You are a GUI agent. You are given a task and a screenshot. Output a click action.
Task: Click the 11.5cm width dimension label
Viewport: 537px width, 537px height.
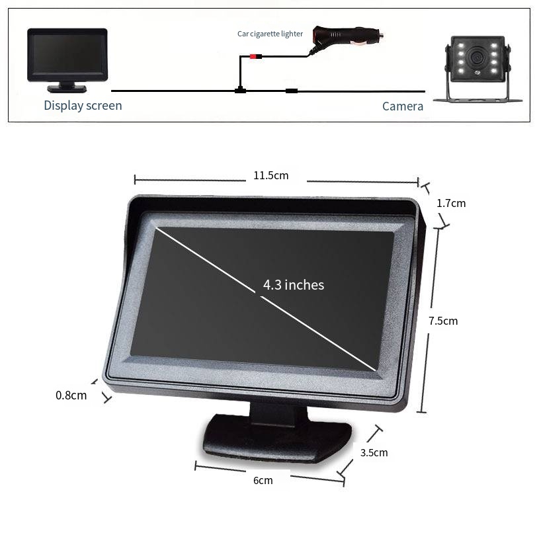(271, 175)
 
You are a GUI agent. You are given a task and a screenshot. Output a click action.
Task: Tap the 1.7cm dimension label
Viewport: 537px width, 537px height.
(451, 203)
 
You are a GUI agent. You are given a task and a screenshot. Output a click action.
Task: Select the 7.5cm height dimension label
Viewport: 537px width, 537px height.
(443, 321)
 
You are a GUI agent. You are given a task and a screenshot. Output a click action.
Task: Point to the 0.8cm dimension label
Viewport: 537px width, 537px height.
(71, 395)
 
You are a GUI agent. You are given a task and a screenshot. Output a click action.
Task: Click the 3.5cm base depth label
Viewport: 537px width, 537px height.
(374, 452)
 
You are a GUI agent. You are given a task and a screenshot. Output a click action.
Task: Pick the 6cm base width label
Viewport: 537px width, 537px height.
(263, 481)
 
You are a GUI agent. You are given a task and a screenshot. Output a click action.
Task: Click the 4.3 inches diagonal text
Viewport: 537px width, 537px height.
(294, 285)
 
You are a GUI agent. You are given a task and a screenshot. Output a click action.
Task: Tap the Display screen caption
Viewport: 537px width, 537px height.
(83, 106)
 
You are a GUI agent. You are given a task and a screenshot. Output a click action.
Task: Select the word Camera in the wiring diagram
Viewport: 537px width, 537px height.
(403, 106)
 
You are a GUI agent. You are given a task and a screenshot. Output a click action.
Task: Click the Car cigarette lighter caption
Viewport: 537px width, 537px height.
(270, 34)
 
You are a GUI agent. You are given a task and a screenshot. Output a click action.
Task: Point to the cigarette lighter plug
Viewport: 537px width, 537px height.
(346, 37)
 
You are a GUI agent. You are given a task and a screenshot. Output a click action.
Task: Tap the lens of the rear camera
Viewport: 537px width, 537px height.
(475, 56)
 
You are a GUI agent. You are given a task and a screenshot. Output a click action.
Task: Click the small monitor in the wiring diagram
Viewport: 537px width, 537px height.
(67, 60)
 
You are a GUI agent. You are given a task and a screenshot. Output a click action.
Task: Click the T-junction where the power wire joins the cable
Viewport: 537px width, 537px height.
(240, 91)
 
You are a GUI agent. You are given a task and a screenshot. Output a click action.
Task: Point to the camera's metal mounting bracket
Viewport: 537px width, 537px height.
(477, 93)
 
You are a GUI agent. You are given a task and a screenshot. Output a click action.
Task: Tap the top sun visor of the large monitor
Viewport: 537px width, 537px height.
(274, 206)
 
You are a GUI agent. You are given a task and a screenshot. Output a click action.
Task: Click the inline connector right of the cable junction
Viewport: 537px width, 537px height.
(292, 91)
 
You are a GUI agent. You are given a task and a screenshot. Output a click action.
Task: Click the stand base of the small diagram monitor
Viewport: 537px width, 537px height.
(67, 89)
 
